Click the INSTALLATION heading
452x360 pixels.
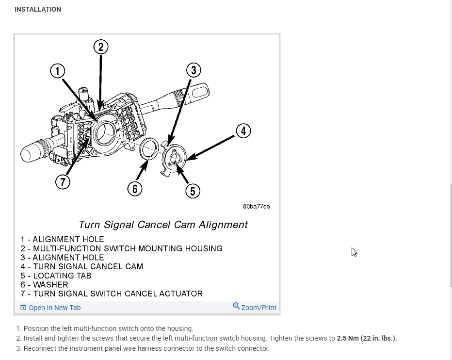click(38, 9)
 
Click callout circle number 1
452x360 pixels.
click(58, 71)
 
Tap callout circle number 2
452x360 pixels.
click(100, 47)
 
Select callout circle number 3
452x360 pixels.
click(194, 70)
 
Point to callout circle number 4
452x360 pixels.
click(243, 131)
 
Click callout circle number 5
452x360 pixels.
click(193, 191)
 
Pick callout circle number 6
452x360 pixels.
click(134, 189)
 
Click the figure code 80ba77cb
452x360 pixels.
click(256, 206)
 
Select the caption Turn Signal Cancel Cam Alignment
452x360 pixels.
click(163, 225)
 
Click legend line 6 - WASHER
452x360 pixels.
click(44, 285)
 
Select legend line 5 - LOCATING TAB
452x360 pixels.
click(56, 276)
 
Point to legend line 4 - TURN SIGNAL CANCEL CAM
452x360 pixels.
click(81, 266)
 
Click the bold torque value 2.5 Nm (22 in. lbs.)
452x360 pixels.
click(367, 338)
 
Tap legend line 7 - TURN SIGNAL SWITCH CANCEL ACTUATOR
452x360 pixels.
click(112, 294)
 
